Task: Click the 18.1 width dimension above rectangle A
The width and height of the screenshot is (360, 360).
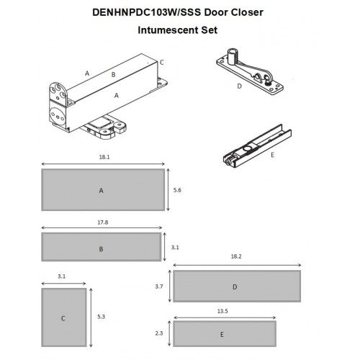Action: (104, 157)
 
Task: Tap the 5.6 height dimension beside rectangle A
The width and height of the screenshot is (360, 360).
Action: (177, 190)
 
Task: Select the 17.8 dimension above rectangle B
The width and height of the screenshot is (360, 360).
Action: (103, 222)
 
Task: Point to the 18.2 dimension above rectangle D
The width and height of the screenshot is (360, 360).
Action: (236, 256)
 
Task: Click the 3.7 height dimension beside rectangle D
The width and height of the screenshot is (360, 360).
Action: (159, 287)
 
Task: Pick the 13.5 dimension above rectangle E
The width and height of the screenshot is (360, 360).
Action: (222, 311)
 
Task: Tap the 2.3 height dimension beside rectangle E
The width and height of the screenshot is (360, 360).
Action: (159, 333)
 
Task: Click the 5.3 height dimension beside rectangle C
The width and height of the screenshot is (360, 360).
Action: (101, 317)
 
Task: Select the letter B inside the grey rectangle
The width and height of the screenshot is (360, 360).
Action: (101, 249)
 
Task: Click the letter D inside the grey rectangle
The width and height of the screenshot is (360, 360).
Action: (235, 287)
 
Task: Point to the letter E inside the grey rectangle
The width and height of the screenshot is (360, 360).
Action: (222, 335)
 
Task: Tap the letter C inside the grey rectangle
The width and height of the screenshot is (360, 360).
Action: (63, 318)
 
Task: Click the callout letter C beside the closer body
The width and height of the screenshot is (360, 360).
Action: (162, 63)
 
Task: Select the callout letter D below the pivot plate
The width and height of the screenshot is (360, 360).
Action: (239, 86)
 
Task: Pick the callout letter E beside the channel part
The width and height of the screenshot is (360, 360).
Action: (272, 155)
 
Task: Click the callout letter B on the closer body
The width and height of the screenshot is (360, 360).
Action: (114, 75)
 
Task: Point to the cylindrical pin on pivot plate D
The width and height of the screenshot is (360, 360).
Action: (232, 57)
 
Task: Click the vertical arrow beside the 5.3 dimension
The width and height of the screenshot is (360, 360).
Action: (91, 318)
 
